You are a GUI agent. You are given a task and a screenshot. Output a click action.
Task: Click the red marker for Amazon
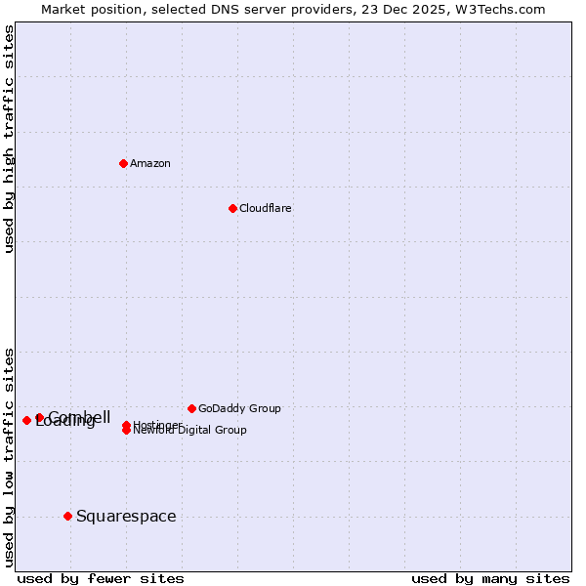coord(123,163)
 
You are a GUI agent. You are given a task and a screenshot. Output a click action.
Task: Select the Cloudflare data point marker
coord(232,208)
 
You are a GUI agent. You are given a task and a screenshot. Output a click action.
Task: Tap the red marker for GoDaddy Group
coord(191,408)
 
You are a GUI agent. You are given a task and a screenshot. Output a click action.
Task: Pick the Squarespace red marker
coord(67,516)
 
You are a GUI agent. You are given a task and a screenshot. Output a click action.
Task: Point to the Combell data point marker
coord(39,417)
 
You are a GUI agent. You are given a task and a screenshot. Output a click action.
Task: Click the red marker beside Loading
coord(26,420)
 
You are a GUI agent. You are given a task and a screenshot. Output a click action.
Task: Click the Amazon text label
coord(150,163)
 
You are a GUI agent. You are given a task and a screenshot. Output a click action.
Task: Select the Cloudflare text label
coord(266,208)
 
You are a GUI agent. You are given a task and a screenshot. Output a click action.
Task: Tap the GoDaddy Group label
coord(239,408)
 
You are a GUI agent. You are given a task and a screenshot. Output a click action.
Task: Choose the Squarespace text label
coord(126,516)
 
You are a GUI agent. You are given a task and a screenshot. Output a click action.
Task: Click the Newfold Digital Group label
coord(189,431)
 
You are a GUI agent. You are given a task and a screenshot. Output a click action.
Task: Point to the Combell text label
coord(80,416)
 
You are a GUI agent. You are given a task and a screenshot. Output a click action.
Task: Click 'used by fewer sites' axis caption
coord(101,578)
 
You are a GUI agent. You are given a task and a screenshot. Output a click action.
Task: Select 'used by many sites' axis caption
coord(490,578)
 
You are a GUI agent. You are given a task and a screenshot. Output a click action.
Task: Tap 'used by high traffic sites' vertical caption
coord(9,139)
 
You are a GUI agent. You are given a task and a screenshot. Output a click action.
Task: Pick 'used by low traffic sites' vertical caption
coord(9,457)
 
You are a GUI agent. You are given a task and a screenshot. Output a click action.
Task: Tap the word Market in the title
coord(63,9)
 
